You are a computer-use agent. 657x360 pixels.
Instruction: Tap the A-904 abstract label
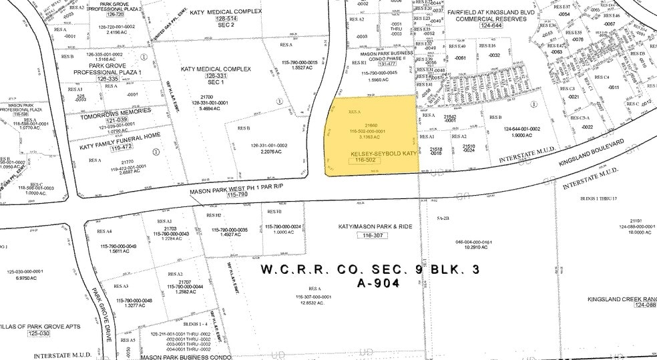[x=377, y=283]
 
